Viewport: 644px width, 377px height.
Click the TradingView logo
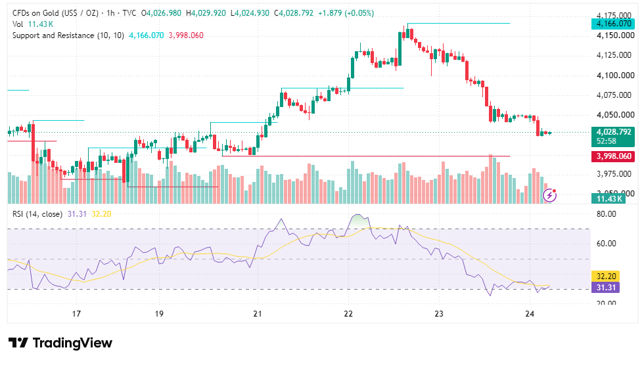pyautogui.click(x=60, y=343)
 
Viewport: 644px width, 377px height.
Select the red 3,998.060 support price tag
pyautogui.click(x=613, y=156)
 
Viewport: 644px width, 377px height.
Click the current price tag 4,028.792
pyautogui.click(x=613, y=132)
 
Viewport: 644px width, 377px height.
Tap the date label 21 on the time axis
pyautogui.click(x=258, y=314)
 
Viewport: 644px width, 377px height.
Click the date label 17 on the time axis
pyautogui.click(x=76, y=314)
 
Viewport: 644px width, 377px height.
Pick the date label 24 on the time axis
pyautogui.click(x=530, y=314)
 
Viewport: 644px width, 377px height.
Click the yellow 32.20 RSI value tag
pyautogui.click(x=606, y=277)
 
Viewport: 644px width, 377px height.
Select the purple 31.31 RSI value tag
pyautogui.click(x=606, y=288)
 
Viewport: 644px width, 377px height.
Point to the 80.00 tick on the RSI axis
pyautogui.click(x=606, y=214)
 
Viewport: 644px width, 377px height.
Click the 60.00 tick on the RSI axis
pyautogui.click(x=606, y=244)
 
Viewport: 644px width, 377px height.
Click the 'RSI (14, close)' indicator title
pyautogui.click(x=37, y=214)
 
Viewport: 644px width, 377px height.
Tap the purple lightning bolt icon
pyautogui.click(x=549, y=196)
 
